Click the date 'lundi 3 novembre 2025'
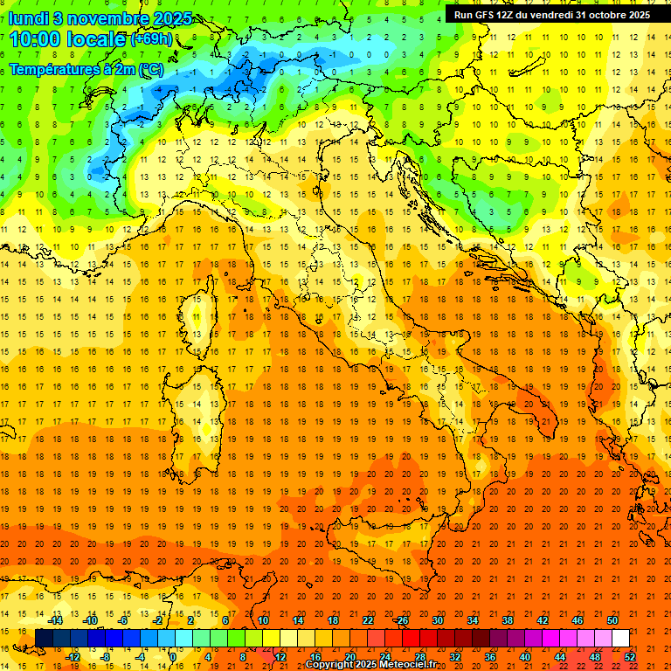(100, 18)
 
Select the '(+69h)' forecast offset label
(156, 39)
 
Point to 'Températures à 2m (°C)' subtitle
(86, 68)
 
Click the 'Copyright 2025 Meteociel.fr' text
(370, 664)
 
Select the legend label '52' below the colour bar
(630, 656)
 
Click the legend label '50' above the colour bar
(612, 620)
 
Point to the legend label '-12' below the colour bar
(73, 656)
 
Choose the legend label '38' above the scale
(508, 620)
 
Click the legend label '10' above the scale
(263, 620)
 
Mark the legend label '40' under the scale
(525, 656)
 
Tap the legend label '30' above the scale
(438, 620)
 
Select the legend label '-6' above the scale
(123, 620)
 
